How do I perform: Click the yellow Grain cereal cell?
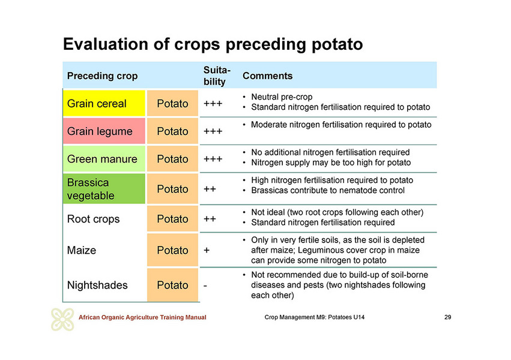[104, 103]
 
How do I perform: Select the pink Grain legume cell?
[104, 131]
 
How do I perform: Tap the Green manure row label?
[102, 159]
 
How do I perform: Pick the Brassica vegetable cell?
[104, 189]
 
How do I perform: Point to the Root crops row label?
[93, 219]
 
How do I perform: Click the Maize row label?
[82, 250]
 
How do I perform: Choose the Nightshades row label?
[97, 285]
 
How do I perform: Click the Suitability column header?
[217, 76]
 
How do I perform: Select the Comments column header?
[268, 76]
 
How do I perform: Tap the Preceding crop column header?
[102, 76]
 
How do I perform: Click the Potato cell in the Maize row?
[172, 250]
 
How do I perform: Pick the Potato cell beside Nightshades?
[172, 285]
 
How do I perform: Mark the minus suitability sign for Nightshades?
[205, 286]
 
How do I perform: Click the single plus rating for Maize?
[207, 250]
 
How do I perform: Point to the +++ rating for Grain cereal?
[213, 104]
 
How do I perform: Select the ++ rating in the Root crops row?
[210, 219]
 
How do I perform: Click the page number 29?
[448, 317]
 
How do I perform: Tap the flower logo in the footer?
[62, 319]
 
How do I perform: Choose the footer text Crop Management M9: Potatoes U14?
[315, 317]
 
